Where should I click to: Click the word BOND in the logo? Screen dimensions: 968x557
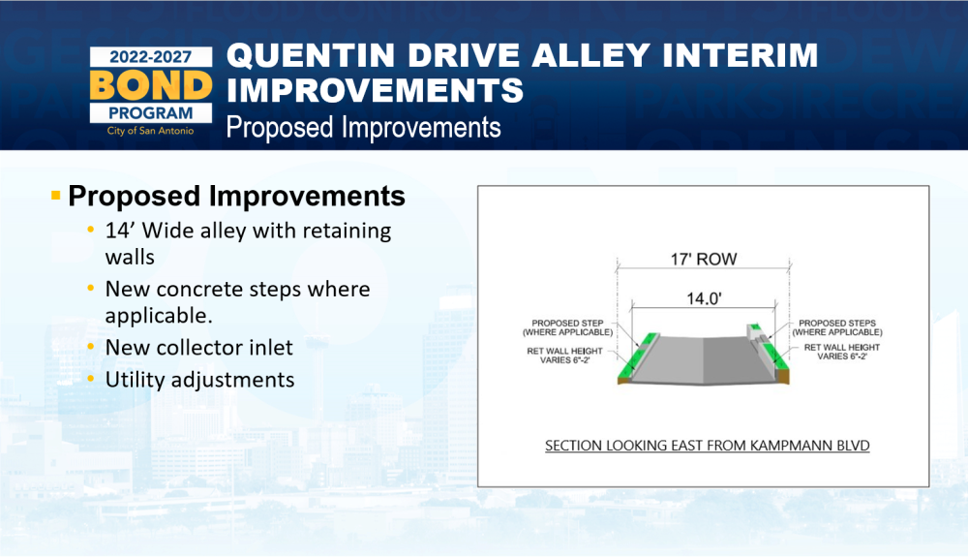click(151, 85)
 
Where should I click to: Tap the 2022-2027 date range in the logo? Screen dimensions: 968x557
click(151, 57)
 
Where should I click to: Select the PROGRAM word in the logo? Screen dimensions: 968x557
click(151, 113)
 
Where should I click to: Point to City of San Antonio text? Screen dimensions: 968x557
click(150, 131)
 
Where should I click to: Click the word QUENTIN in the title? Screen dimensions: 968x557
click(311, 55)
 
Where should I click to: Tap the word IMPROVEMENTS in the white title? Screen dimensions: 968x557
click(375, 90)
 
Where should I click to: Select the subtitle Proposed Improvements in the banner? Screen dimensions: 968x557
click(363, 128)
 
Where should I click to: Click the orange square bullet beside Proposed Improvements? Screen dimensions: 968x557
click(55, 196)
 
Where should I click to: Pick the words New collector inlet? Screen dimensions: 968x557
click(198, 347)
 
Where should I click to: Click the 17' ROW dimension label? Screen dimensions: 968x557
click(704, 260)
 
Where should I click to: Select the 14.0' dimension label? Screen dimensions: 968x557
click(704, 299)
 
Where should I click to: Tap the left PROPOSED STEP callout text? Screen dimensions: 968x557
click(567, 327)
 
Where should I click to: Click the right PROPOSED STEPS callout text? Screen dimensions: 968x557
click(837, 327)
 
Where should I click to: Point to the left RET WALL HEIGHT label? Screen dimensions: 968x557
click(564, 356)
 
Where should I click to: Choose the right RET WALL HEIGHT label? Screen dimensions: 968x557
click(842, 352)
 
